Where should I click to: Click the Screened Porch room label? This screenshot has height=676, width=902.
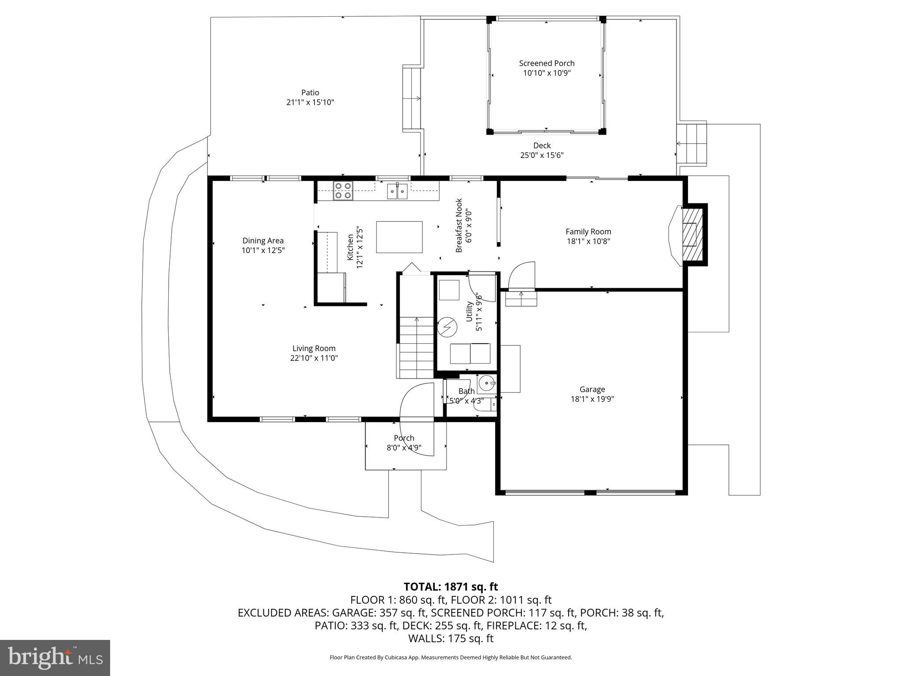coord(547,63)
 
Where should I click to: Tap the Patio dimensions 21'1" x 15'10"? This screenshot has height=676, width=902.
coord(310,103)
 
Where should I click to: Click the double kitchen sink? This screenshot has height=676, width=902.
coord(397,191)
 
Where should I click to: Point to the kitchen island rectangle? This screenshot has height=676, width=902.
coord(399,237)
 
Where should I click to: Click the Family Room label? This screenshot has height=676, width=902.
coord(588,231)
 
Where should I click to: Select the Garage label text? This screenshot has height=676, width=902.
coord(592,389)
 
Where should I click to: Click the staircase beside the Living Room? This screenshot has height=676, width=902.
coord(416,348)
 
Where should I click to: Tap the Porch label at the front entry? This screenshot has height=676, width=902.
coord(404,438)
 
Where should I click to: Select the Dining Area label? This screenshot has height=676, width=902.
coord(263,241)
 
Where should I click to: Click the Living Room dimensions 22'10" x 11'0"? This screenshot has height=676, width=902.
coord(314,358)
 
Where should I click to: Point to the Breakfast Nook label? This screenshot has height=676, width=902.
coord(459,225)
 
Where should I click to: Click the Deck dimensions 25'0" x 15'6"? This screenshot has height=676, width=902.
coord(542,155)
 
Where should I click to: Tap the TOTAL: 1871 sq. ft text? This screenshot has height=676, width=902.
coord(451,587)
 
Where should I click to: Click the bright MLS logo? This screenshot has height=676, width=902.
coord(55,658)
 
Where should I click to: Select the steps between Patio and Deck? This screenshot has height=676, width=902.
coord(411,99)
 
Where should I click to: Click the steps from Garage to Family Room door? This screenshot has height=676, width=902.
coord(521,299)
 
